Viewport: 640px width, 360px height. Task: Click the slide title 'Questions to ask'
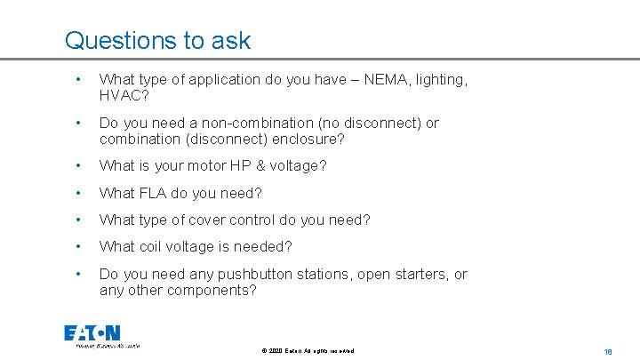[x=157, y=41]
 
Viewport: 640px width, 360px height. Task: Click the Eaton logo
[x=92, y=334]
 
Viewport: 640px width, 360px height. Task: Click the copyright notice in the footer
[x=308, y=351]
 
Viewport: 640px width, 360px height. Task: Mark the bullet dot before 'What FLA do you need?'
[x=79, y=192]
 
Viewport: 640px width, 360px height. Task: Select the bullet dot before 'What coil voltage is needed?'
[x=79, y=246]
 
